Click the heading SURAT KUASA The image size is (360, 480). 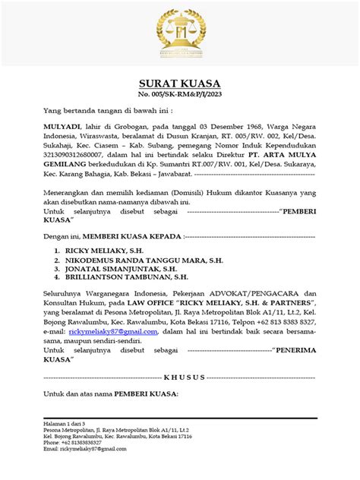(180, 84)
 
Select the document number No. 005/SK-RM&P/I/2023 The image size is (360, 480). (180, 95)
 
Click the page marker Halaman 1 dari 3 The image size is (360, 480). (64, 422)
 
